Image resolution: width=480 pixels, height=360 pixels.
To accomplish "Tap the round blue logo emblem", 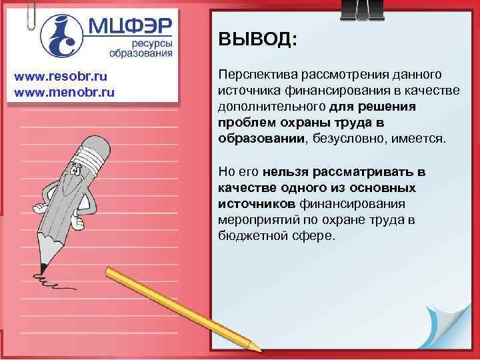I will pos(62,35).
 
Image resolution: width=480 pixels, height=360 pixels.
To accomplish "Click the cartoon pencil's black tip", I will pos(42,267).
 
